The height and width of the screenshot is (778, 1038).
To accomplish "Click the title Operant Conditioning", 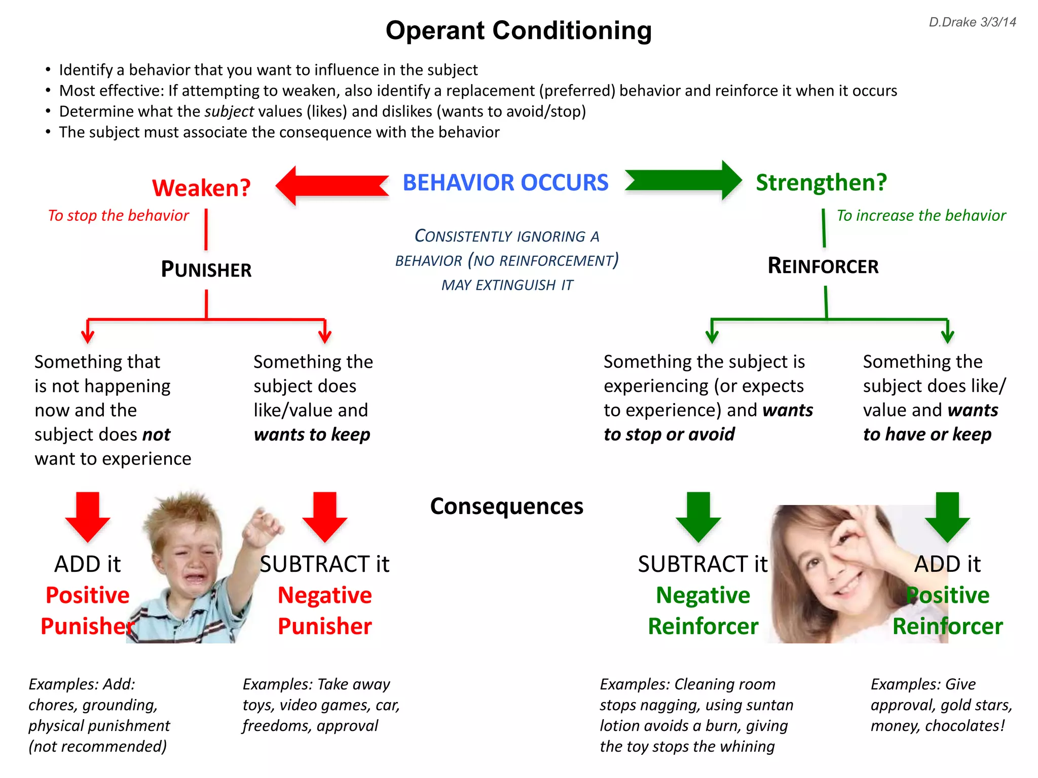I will click(x=518, y=30).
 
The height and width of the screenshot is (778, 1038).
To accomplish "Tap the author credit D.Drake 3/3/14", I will click(x=972, y=22).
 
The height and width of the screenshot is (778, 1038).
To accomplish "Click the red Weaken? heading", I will click(x=201, y=188).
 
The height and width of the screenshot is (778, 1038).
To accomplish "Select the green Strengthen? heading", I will click(x=821, y=182).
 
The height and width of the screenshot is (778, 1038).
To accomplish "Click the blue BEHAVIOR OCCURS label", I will click(x=505, y=182).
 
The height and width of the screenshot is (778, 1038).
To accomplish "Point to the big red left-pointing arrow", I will click(x=332, y=185).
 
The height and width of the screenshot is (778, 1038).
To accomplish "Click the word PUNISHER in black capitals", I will click(x=206, y=269).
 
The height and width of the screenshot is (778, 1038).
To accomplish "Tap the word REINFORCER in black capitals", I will click(x=823, y=266).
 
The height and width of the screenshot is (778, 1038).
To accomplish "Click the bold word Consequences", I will click(x=507, y=506).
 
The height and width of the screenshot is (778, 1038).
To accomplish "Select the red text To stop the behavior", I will click(x=118, y=216).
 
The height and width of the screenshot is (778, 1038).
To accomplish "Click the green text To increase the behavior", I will click(x=921, y=216).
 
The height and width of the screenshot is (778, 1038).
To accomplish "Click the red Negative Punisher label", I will click(x=325, y=611).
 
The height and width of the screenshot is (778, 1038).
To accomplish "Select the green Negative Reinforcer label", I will click(x=703, y=611).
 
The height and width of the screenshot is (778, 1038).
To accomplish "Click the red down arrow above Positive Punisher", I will click(x=88, y=517).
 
